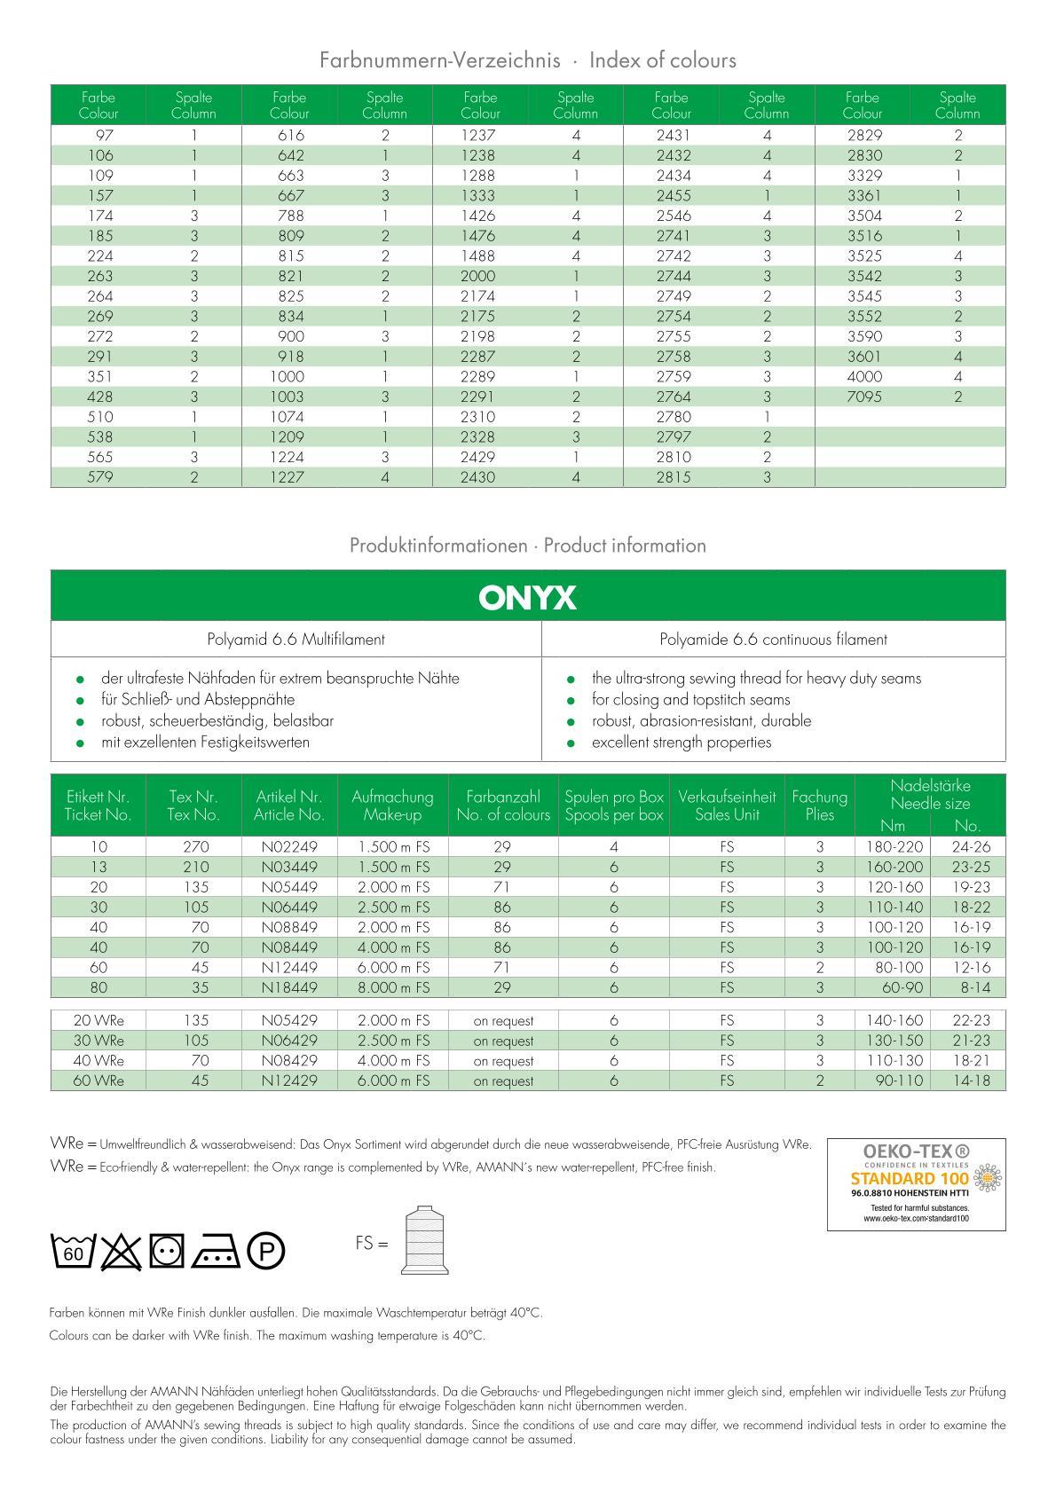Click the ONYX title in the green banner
click(x=527, y=597)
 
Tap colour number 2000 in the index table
click(x=478, y=276)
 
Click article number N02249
click(x=288, y=846)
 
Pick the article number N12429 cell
click(x=288, y=1080)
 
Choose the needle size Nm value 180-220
click(x=894, y=846)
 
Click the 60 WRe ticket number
click(x=98, y=1080)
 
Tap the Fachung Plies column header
click(x=819, y=805)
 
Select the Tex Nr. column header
click(x=193, y=805)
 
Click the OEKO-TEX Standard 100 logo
click(x=916, y=1184)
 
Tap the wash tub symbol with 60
click(x=74, y=1251)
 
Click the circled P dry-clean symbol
click(x=265, y=1252)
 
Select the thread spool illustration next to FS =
click(x=425, y=1241)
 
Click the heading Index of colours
click(x=662, y=60)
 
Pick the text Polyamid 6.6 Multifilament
click(x=296, y=639)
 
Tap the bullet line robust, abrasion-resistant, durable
click(x=701, y=720)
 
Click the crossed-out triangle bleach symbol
click(x=122, y=1251)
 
